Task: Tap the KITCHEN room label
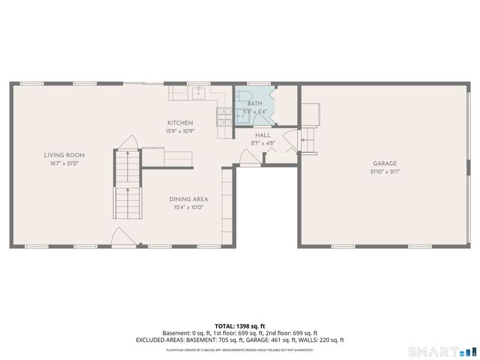180,123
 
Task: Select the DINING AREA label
188,199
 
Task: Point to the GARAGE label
385,163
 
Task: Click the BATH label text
254,103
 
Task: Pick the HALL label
262,135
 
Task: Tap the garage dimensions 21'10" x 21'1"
385,172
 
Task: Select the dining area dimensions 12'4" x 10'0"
188,207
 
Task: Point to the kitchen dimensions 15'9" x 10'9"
180,131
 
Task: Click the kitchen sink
199,93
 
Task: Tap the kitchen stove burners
223,115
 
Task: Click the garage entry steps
307,139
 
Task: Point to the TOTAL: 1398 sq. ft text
240,326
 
